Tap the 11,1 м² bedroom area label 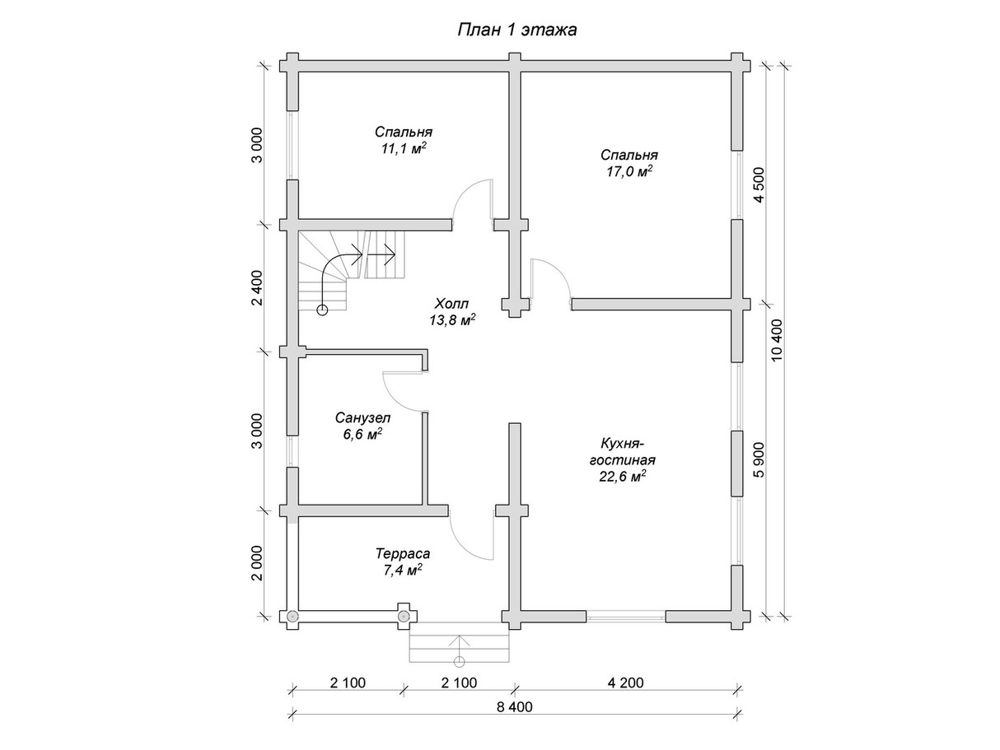404,149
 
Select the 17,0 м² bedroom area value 629,172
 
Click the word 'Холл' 451,303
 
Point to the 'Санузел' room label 362,417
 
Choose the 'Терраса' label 403,554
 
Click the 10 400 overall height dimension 777,340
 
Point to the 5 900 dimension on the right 759,459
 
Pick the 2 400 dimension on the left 257,288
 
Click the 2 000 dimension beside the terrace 257,563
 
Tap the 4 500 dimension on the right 759,185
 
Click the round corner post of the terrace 292,616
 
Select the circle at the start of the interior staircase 322,310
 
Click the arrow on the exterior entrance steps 459,650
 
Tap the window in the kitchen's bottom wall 625,617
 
